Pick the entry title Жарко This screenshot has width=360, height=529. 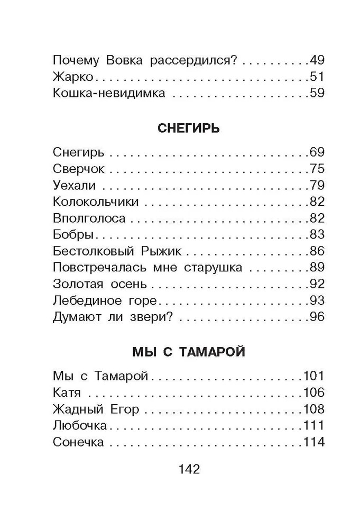tap(73, 77)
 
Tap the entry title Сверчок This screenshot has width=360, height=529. tap(79, 169)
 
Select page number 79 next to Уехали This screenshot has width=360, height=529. tap(316, 186)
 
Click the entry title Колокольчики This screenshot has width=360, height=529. tap(96, 202)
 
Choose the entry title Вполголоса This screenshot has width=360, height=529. tap(89, 218)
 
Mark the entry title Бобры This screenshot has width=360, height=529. tap(73, 234)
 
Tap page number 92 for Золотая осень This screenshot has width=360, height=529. tap(316, 284)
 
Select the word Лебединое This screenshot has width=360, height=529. tap(86, 300)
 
